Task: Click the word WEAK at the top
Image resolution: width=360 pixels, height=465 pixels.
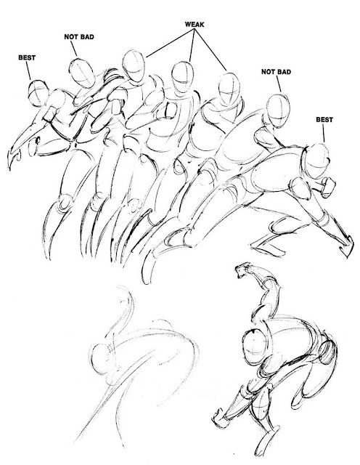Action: pyautogui.click(x=195, y=24)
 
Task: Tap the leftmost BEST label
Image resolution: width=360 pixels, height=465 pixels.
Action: pyautogui.click(x=27, y=57)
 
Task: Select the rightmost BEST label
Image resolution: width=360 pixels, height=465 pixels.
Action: pyautogui.click(x=324, y=119)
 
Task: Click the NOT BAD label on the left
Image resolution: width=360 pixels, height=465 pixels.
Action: pyautogui.click(x=79, y=37)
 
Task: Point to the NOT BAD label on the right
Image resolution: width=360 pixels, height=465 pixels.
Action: pyautogui.click(x=276, y=72)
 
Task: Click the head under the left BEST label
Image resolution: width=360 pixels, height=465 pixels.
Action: pyautogui.click(x=38, y=92)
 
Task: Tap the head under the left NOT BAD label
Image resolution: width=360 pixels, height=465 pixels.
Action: pyautogui.click(x=82, y=73)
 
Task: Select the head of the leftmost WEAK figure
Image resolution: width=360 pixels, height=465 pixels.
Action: pyautogui.click(x=134, y=66)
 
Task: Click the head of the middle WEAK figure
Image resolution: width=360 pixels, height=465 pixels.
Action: pyautogui.click(x=182, y=78)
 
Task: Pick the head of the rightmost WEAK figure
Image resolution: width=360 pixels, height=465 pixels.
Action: pyautogui.click(x=229, y=89)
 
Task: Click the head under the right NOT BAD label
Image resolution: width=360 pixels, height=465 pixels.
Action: pyautogui.click(x=278, y=110)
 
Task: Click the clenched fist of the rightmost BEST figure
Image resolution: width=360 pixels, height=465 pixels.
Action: pyautogui.click(x=329, y=187)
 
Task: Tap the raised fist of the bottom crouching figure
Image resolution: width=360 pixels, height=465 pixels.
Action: pyautogui.click(x=242, y=270)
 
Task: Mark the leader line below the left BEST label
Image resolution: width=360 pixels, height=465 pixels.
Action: pyautogui.click(x=28, y=71)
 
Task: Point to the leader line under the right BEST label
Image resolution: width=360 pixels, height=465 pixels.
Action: pyautogui.click(x=323, y=133)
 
